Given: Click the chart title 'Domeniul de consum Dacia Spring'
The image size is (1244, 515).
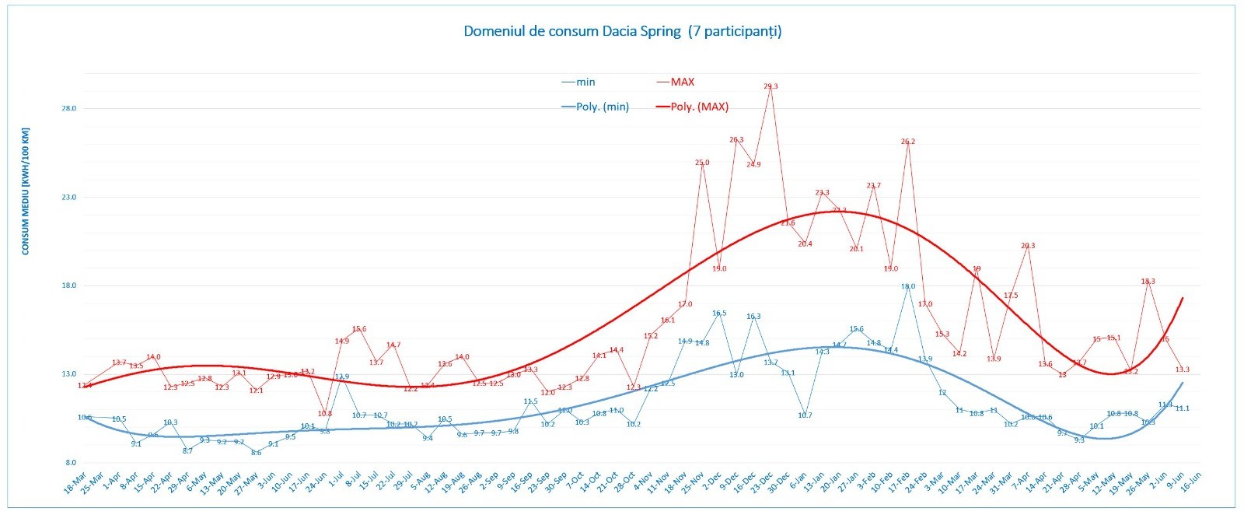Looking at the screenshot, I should [622, 32].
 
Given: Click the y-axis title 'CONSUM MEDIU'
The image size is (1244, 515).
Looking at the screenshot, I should [26, 191].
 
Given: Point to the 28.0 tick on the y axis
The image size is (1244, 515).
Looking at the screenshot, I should [69, 108].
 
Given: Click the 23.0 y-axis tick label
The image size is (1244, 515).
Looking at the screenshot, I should [69, 197].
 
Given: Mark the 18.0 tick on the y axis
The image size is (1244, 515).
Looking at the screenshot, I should [69, 286].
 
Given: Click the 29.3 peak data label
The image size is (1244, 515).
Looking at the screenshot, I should [771, 86].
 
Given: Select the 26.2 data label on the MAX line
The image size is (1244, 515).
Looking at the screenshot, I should [908, 142].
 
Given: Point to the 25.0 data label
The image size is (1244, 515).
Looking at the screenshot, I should [702, 163].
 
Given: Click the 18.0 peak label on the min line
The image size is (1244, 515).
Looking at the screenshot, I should [908, 286].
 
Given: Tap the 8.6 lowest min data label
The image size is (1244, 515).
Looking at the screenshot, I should [256, 452].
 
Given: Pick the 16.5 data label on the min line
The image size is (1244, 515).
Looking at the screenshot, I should [719, 314].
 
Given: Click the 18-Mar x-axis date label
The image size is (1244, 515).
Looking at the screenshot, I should [75, 483].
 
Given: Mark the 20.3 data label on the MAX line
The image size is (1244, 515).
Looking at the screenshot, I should [1028, 246].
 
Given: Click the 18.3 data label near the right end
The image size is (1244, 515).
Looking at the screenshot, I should [1148, 281].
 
